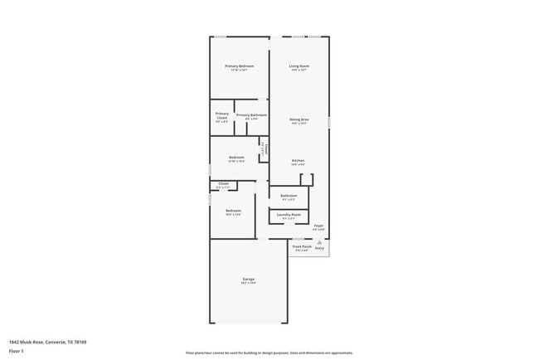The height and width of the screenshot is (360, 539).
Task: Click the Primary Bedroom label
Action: coord(239,66)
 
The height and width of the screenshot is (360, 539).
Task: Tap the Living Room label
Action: coord(299,66)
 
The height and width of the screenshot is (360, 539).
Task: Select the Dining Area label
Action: coord(299,120)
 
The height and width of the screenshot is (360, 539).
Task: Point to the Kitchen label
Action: coord(299,161)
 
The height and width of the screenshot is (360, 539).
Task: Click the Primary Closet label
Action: coord(221,117)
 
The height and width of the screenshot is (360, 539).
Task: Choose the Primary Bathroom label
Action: coord(251,116)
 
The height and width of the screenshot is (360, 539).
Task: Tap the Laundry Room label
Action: coord(289,216)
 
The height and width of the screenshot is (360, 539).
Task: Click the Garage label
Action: coord(248,280)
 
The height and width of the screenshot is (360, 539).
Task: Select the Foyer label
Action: coord(318,226)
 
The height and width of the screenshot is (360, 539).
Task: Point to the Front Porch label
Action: coord(301,247)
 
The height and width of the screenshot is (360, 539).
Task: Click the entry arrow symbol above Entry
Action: coord(320,242)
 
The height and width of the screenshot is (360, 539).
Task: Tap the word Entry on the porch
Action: coord(319,247)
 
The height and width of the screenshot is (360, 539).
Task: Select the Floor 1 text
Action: coord(16,350)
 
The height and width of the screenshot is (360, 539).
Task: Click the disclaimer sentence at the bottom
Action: coord(269,352)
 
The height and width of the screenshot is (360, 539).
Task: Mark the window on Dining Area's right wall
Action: coord(328,122)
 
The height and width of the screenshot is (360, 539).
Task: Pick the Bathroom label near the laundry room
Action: coord(289,197)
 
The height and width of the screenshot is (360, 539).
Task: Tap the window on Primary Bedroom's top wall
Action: coord(221,36)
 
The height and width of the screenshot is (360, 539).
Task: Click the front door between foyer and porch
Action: coord(299,239)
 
